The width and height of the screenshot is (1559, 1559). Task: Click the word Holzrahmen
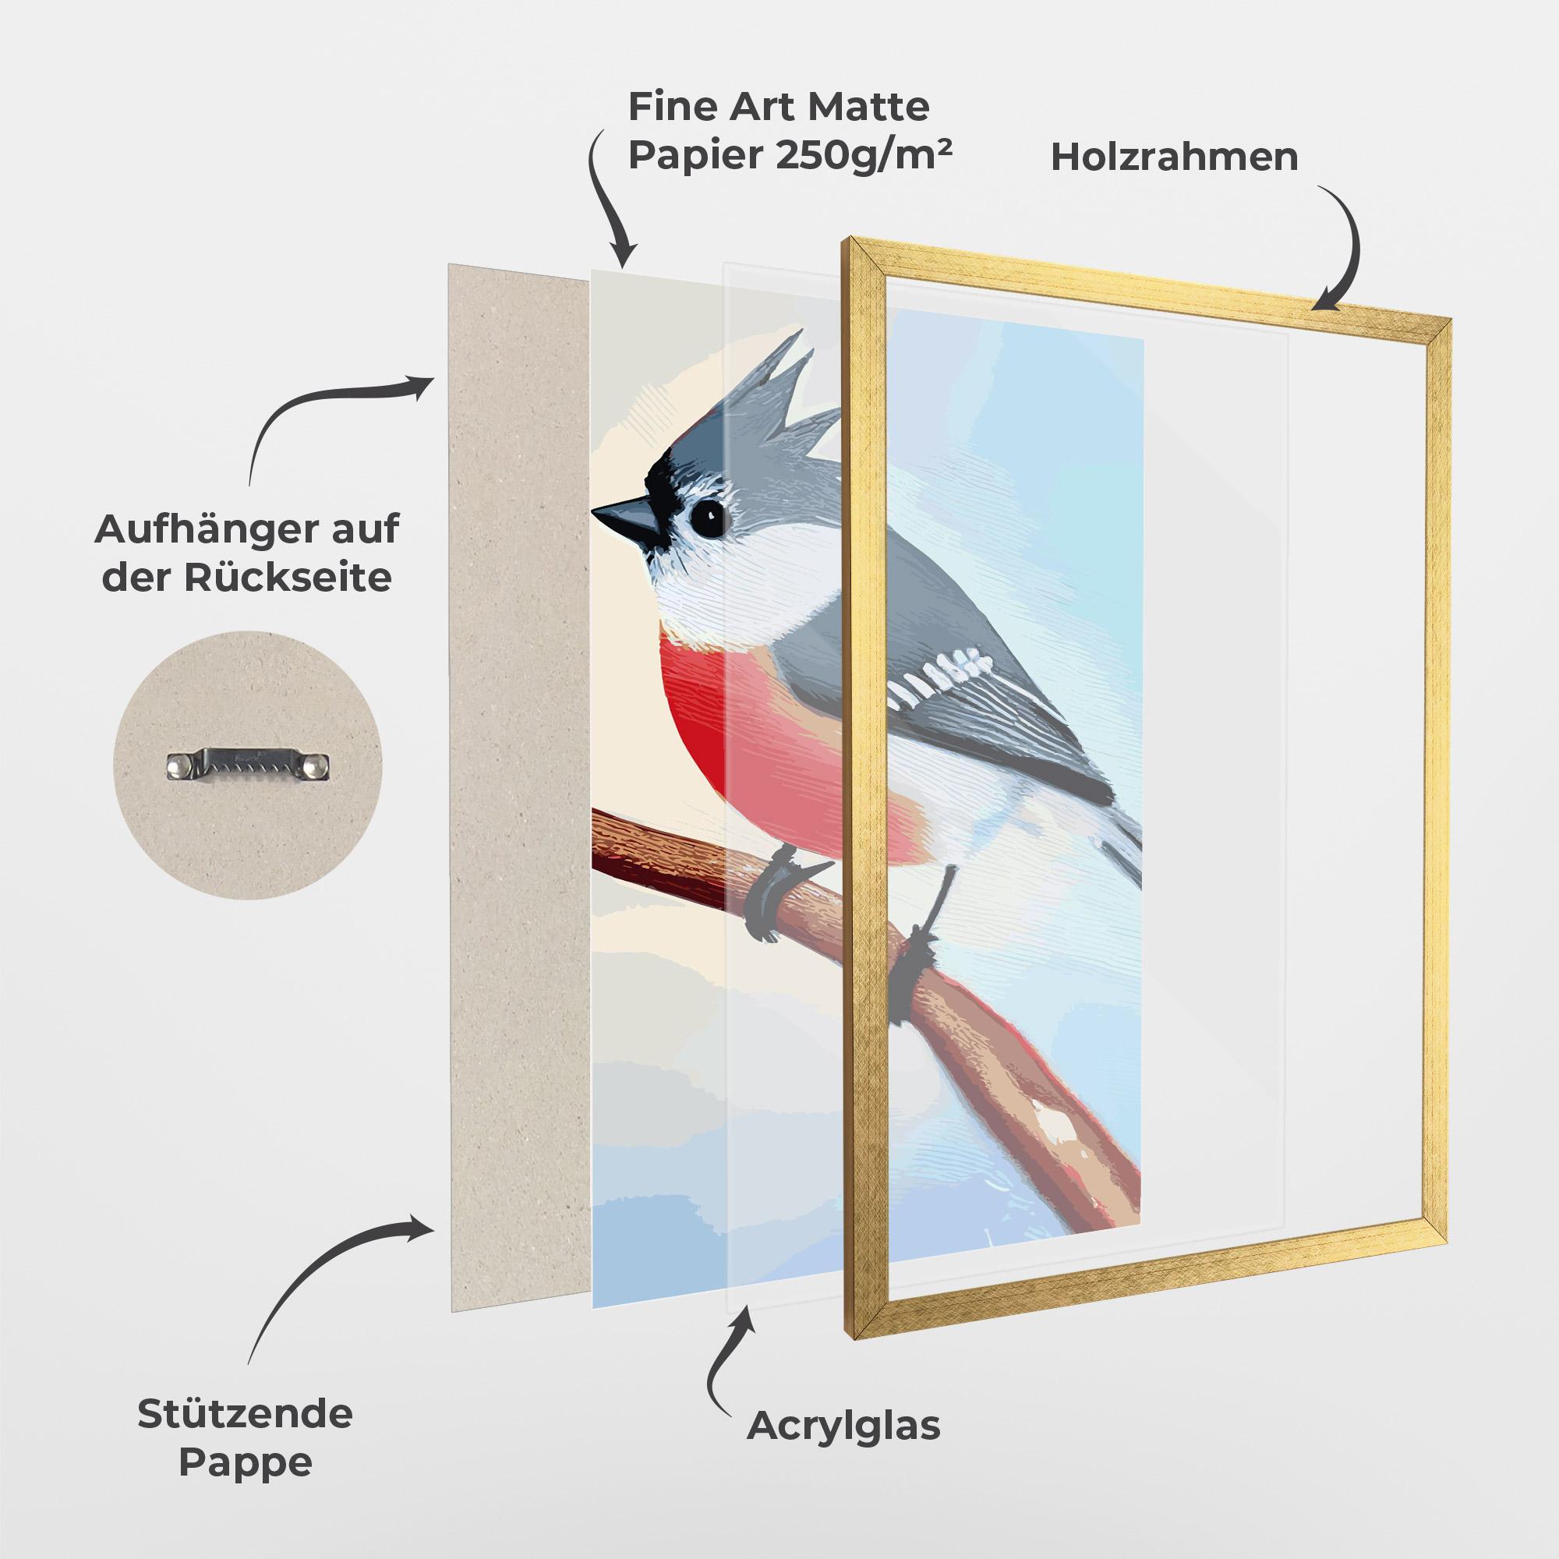tap(1174, 157)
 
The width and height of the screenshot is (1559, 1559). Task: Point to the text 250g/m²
tap(864, 155)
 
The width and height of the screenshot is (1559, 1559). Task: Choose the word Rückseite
tap(288, 578)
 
